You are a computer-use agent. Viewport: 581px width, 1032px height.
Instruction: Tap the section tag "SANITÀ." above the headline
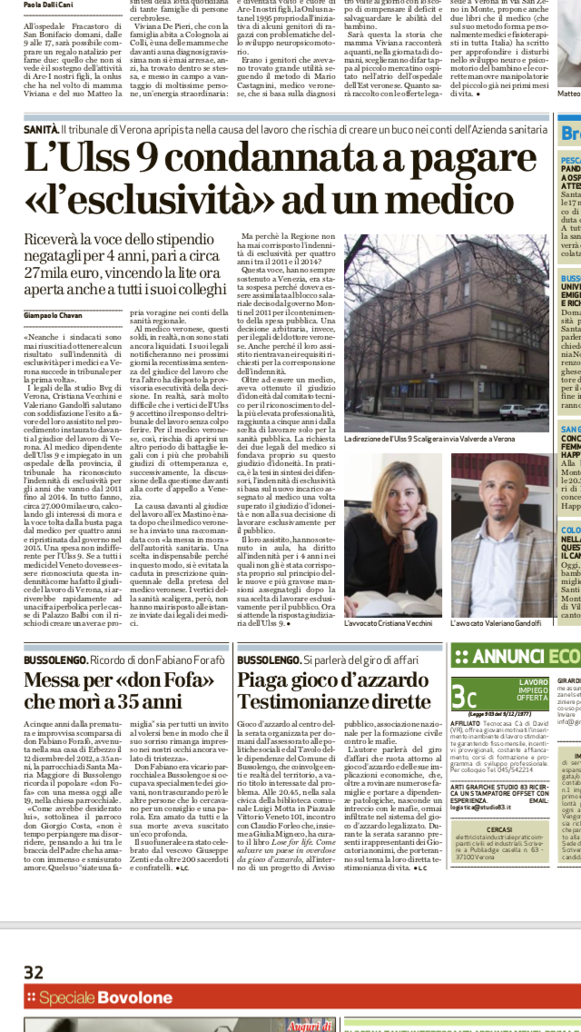click(x=42, y=131)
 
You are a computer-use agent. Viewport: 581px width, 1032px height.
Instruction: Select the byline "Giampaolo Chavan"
click(x=54, y=314)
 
